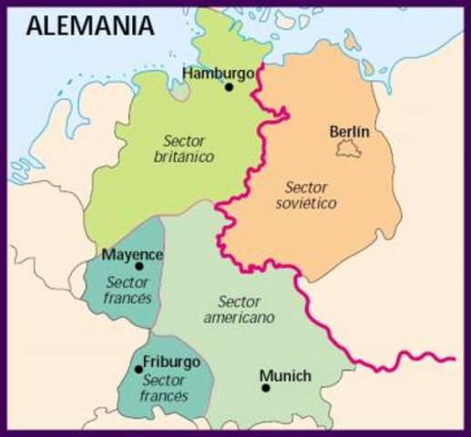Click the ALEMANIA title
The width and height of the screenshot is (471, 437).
point(90,25)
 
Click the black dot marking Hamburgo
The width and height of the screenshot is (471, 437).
point(230,87)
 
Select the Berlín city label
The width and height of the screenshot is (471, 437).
point(349,132)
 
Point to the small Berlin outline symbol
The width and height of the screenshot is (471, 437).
point(343,148)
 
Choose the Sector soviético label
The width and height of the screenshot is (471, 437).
point(306,194)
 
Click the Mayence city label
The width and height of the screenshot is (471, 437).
point(133,253)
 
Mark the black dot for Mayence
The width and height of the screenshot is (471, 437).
point(139,266)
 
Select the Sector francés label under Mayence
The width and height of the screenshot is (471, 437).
point(128,290)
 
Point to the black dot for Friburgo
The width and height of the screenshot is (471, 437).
point(138,369)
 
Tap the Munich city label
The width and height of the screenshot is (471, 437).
point(285,375)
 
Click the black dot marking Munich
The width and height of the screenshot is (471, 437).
point(266,388)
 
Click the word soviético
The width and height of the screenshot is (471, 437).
point(306,203)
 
